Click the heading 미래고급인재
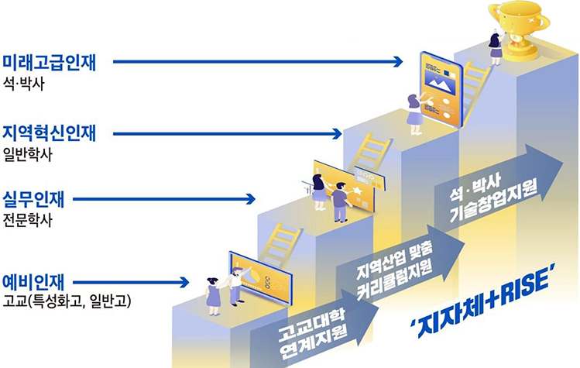tap(49, 62)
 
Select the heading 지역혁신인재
tap(49, 130)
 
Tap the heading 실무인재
tap(36, 198)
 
